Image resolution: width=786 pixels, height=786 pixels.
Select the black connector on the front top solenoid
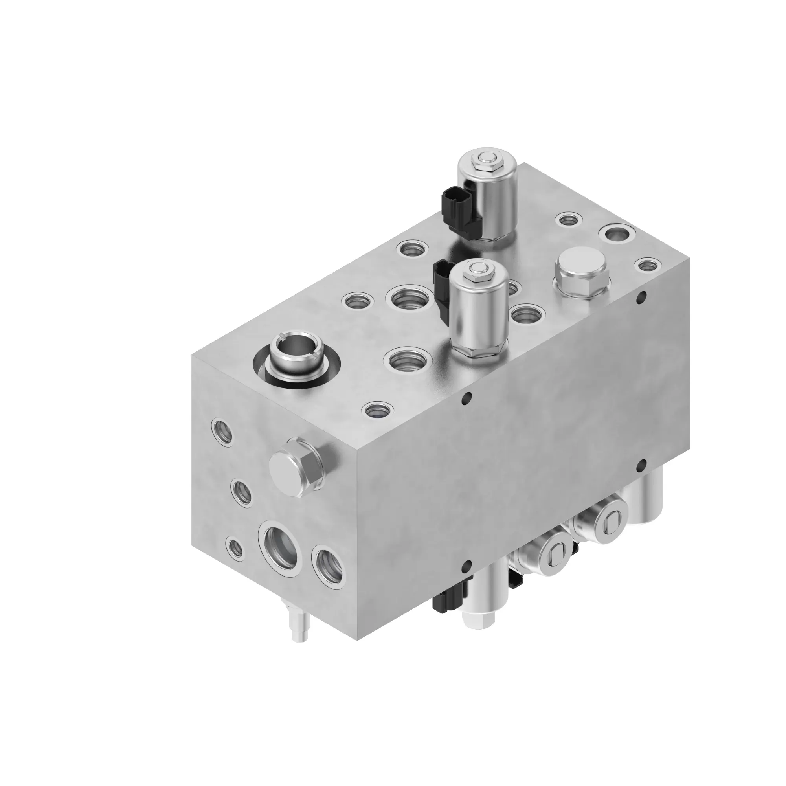441,285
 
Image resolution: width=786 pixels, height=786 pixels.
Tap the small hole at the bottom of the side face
467,565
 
